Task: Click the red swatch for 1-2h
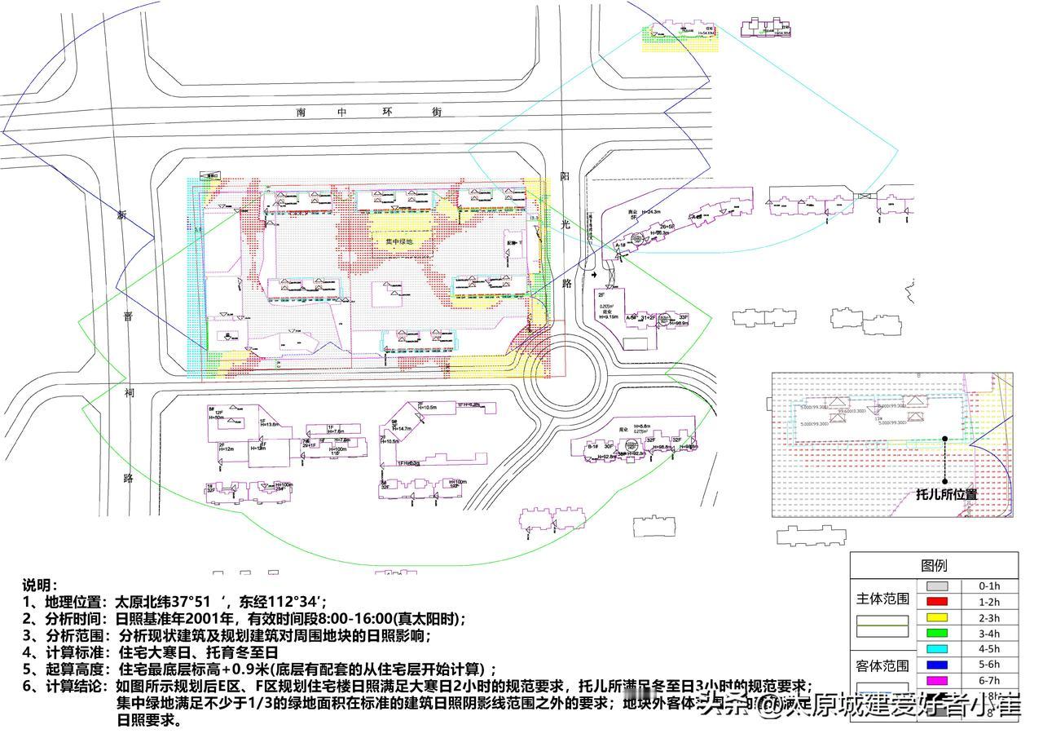click(x=940, y=602)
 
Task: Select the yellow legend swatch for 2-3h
click(x=940, y=617)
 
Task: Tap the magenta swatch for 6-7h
click(x=940, y=680)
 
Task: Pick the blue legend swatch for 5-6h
click(x=940, y=665)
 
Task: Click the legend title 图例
click(x=934, y=565)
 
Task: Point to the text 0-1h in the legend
click(x=988, y=586)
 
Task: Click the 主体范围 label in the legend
click(x=882, y=599)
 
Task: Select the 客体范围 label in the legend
click(x=882, y=664)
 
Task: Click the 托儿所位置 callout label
click(x=946, y=494)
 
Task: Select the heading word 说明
click(x=40, y=585)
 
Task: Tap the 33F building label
click(x=683, y=317)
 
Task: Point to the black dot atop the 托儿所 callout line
click(x=945, y=438)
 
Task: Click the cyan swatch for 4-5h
click(x=940, y=649)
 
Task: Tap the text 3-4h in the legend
click(x=988, y=634)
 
